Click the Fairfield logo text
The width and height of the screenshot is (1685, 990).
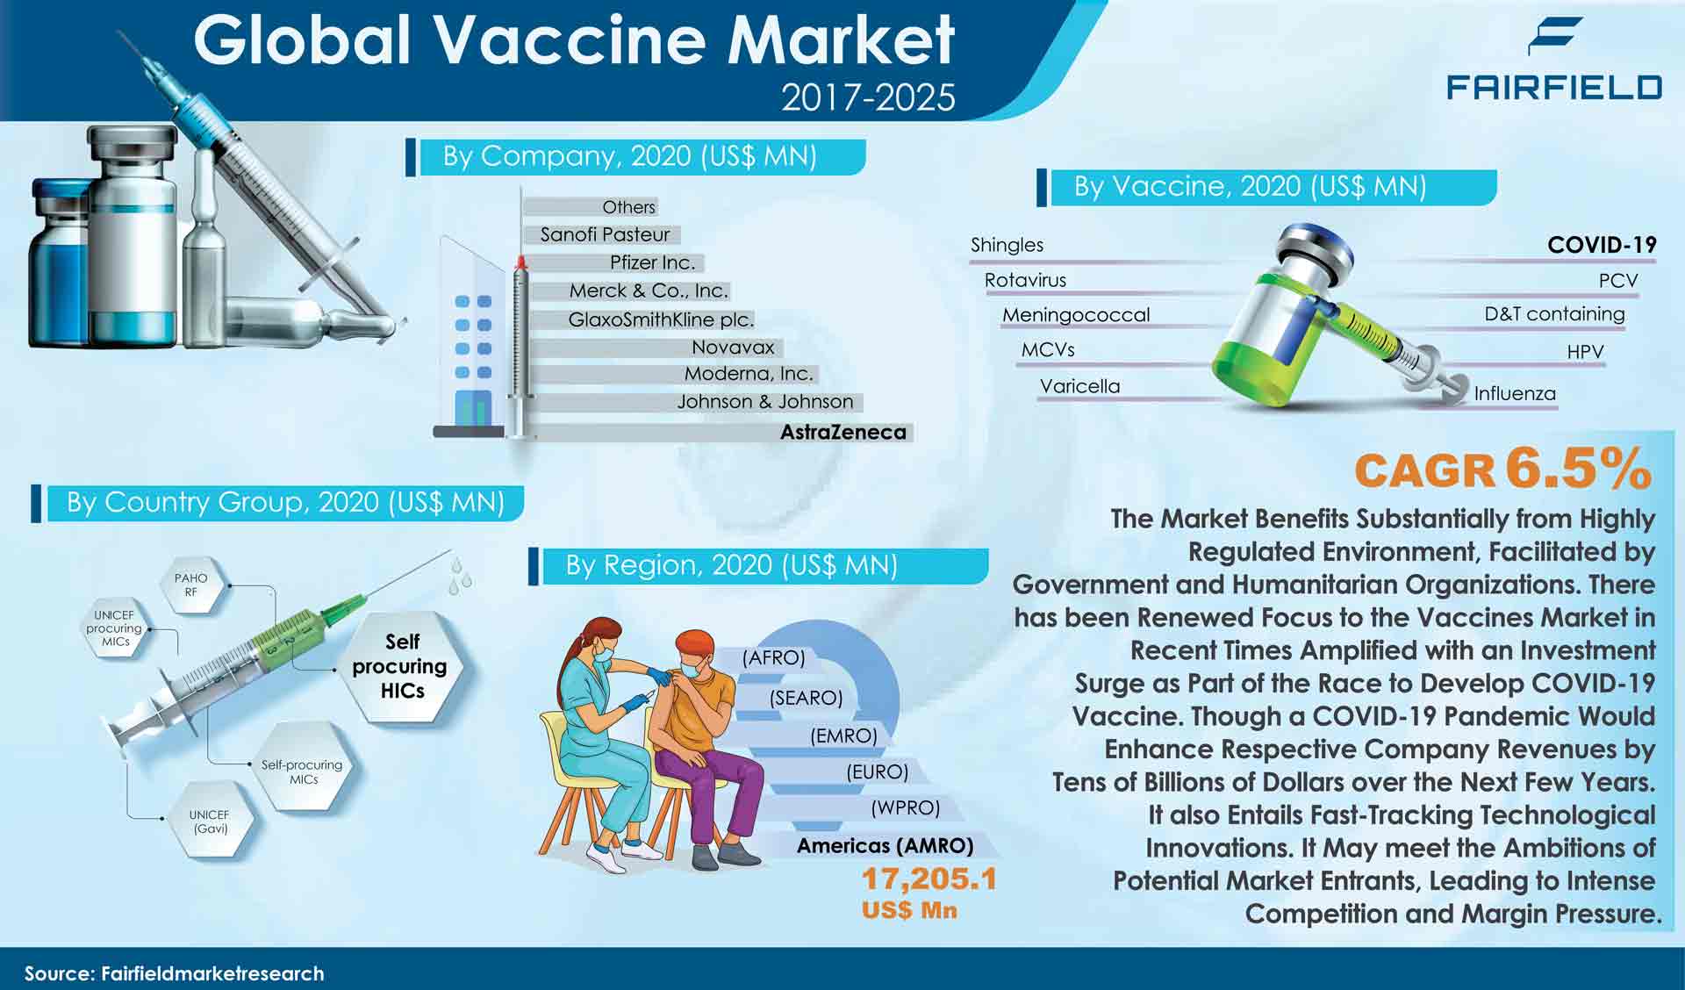1553,87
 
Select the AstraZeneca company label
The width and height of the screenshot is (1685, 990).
843,432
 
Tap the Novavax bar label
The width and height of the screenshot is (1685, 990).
733,347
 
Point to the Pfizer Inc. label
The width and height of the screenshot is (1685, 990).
652,262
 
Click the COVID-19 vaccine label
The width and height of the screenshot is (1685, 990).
1602,245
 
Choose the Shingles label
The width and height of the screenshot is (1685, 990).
1007,245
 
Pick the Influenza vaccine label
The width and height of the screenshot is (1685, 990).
1515,393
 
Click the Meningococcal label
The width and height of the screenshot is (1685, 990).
1076,314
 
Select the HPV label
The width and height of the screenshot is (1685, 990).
1585,352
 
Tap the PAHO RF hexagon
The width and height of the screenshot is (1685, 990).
190,585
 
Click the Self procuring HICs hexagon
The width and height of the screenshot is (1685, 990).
402,666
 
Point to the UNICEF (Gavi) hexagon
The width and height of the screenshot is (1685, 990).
209,821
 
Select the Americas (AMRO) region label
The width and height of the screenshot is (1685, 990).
885,845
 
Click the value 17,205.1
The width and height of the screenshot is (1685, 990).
929,879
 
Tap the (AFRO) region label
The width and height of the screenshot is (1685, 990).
773,658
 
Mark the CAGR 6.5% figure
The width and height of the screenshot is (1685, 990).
1502,470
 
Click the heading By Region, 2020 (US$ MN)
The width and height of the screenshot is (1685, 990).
731,565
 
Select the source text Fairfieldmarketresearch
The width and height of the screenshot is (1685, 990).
212,973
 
